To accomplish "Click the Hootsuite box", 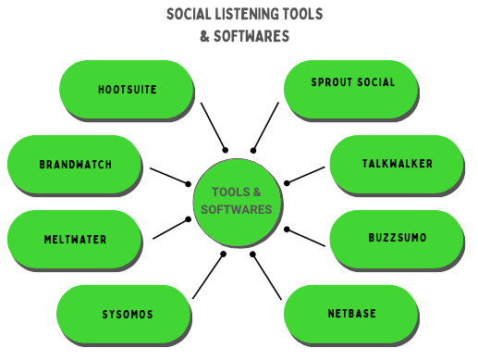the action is pyautogui.click(x=127, y=91).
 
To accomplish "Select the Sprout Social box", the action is pyautogui.click(x=352, y=83).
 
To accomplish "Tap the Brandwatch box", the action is pyautogui.click(x=75, y=165).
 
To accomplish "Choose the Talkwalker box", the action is pyautogui.click(x=397, y=164).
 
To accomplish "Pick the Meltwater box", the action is pyautogui.click(x=75, y=240).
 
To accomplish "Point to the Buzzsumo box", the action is pyautogui.click(x=397, y=238).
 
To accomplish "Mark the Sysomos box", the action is pyautogui.click(x=127, y=315).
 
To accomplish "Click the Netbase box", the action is pyautogui.click(x=351, y=314).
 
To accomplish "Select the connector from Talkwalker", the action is pyautogui.click(x=306, y=174).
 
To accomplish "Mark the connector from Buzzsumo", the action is pyautogui.click(x=306, y=237).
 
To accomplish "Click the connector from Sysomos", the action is pyautogui.click(x=208, y=276).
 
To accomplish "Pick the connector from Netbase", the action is pyautogui.click(x=266, y=276).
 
